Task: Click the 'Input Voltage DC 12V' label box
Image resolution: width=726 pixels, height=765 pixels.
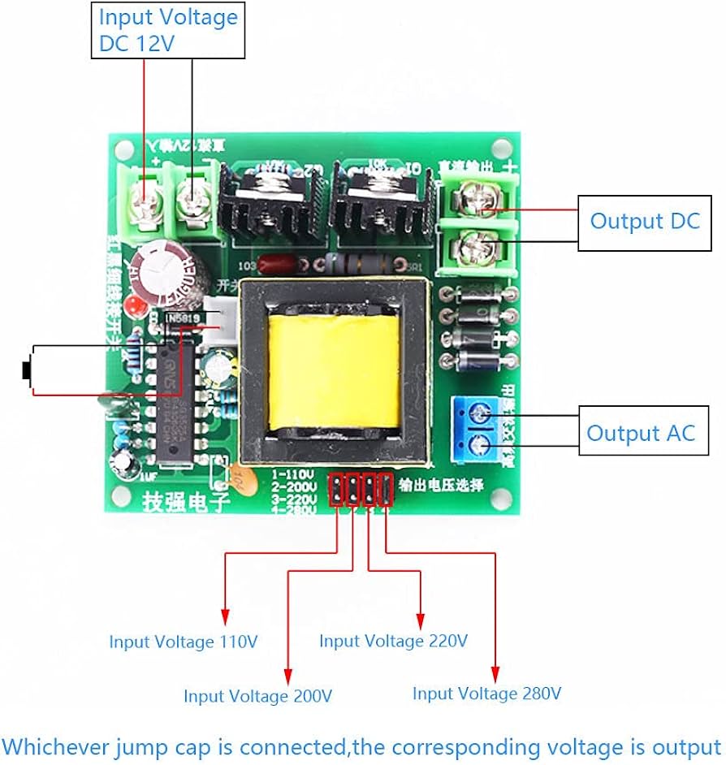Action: pyautogui.click(x=168, y=30)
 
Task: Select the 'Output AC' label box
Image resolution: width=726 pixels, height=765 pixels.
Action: pyautogui.click(x=642, y=433)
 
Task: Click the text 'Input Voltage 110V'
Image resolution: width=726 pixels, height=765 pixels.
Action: pyautogui.click(x=184, y=642)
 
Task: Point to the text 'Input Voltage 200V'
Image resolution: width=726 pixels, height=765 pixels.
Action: pyautogui.click(x=257, y=696)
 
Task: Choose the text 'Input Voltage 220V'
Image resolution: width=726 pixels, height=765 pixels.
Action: pyautogui.click(x=393, y=641)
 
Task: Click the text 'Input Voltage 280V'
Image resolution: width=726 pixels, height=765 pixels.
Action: pyautogui.click(x=486, y=694)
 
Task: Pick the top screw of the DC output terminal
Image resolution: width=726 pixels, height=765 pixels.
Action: pyautogui.click(x=478, y=198)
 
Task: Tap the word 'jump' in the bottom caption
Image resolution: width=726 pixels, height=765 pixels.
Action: pyautogui.click(x=136, y=746)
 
